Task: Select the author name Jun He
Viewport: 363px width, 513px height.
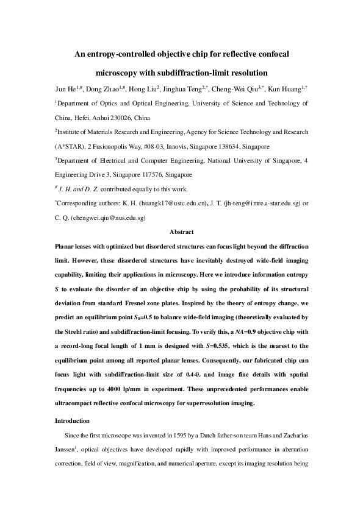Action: click(x=65, y=90)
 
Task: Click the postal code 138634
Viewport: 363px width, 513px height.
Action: click(x=232, y=146)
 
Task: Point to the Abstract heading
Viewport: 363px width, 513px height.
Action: click(x=181, y=232)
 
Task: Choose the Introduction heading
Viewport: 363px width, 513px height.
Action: click(x=72, y=420)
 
